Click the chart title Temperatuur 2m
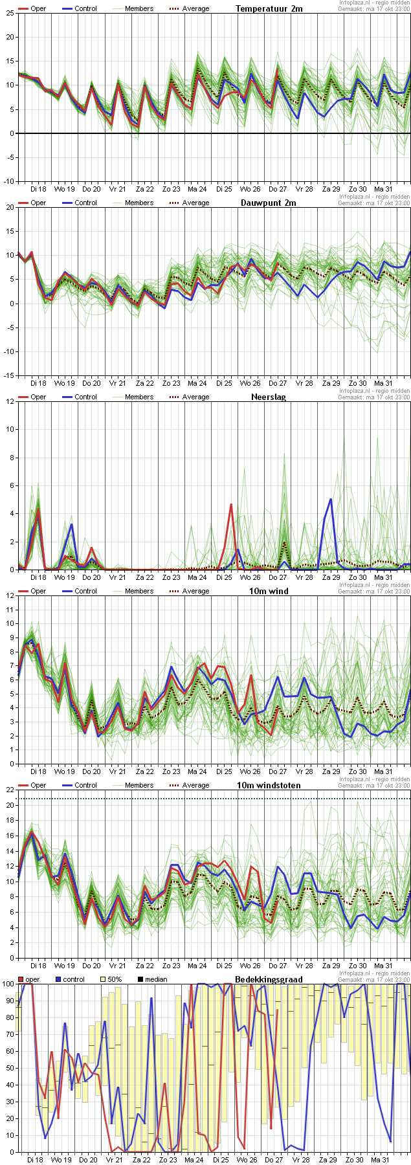(269, 8)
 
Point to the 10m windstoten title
(267, 785)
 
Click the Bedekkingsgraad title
(269, 979)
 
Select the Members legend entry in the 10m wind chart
(139, 592)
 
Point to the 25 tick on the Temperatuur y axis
(10, 13)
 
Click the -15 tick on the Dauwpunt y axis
(8, 375)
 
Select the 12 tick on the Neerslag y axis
(10, 401)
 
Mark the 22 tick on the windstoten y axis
(10, 790)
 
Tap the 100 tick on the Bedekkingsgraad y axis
(8, 984)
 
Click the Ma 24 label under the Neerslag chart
(197, 577)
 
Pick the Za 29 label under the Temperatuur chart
(331, 189)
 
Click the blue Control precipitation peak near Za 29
(331, 499)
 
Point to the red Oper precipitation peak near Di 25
(231, 504)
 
